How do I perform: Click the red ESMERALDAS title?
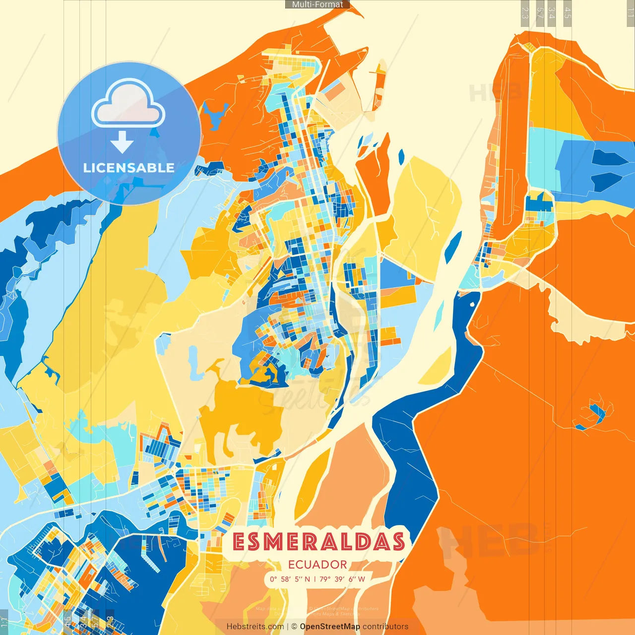[318, 542]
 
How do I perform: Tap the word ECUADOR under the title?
[317, 565]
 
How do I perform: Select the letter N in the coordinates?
[307, 579]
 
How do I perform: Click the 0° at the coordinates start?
[273, 579]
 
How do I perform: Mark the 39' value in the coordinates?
[339, 579]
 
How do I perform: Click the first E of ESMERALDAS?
[239, 542]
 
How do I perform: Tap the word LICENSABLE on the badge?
[129, 168]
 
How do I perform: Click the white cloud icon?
[128, 105]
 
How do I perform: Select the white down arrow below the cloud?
[122, 143]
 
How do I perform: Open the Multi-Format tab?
[317, 4]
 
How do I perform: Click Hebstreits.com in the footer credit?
[255, 627]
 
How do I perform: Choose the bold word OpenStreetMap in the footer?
[330, 627]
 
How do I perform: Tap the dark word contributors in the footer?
[385, 627]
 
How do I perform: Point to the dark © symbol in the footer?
[294, 627]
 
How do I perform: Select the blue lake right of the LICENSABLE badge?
[214, 115]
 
